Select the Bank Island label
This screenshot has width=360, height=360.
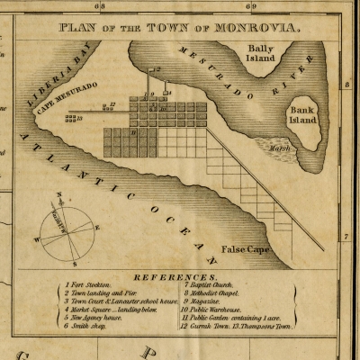coord(304,111)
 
